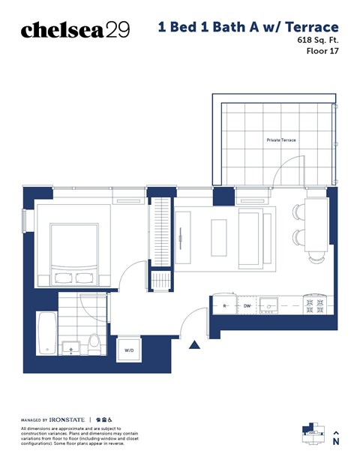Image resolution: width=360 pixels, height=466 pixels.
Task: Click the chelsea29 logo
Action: click(x=75, y=29)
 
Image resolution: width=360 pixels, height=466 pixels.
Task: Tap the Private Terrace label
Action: click(x=281, y=140)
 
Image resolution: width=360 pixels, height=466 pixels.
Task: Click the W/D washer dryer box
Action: click(x=129, y=350)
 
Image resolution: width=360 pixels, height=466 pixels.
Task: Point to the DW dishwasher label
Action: click(x=247, y=306)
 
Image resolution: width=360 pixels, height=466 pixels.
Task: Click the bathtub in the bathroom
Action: click(x=46, y=334)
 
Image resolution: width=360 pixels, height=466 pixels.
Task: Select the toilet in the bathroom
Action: click(x=94, y=344)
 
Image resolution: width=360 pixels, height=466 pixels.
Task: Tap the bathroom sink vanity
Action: click(x=71, y=347)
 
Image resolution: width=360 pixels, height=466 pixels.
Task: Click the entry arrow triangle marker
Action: click(x=195, y=345)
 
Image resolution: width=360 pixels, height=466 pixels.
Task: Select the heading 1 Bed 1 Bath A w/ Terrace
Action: click(x=248, y=28)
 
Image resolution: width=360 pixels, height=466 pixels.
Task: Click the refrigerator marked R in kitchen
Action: click(x=225, y=306)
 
